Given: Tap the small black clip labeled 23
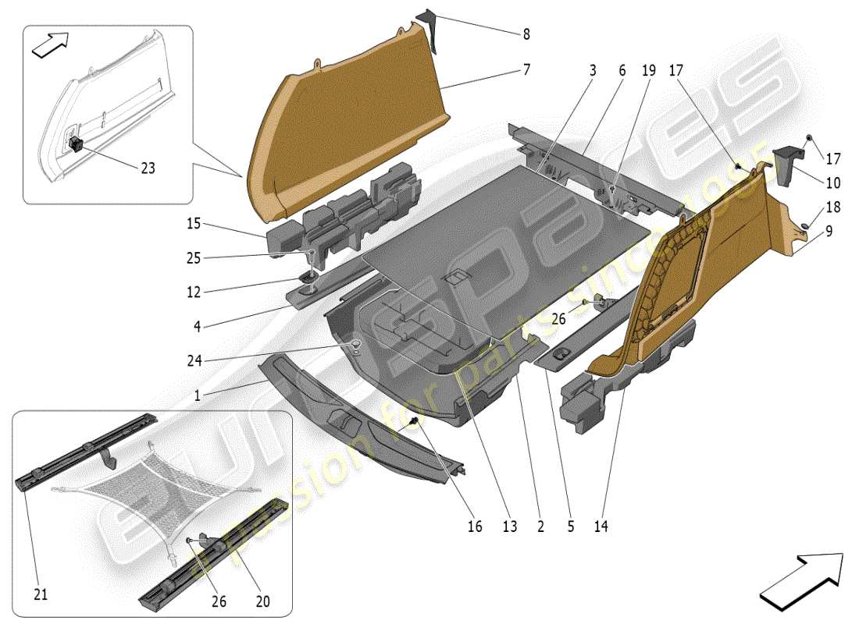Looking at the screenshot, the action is point(77,144).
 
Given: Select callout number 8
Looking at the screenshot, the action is point(526,34).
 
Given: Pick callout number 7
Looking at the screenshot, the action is point(527,70).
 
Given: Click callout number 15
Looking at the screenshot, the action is point(193,224).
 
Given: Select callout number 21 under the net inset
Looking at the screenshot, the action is point(41,594).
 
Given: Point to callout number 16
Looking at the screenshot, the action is point(475,526).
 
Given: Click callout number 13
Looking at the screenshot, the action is point(510,526).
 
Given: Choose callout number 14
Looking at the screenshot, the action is point(601,526).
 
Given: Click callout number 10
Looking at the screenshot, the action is point(833,183).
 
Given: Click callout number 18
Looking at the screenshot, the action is point(833,207).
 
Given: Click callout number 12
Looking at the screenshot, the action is point(193,292).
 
